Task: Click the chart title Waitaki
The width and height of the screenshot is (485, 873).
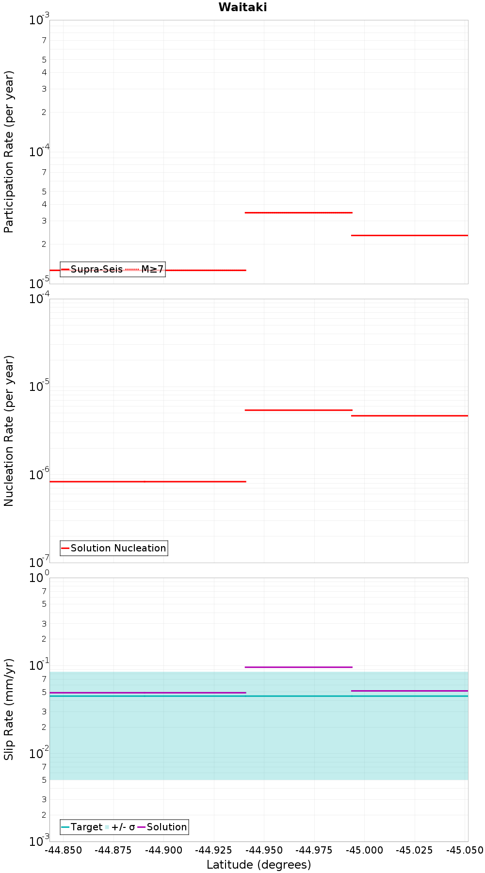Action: pos(242,7)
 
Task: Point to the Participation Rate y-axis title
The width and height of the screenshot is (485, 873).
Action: pos(9,152)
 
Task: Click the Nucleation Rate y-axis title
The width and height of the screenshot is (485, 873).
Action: pos(9,431)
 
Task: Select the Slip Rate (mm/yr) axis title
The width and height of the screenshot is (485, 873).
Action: pos(9,709)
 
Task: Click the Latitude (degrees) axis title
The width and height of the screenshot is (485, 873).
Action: pos(259,865)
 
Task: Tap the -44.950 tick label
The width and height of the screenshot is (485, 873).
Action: pos(264,850)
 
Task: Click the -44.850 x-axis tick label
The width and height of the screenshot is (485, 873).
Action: pos(64,850)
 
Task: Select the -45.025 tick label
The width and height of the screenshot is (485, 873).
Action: pos(415,850)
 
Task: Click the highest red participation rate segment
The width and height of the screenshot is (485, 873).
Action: pos(298,212)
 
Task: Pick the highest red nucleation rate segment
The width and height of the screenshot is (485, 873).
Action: pos(298,410)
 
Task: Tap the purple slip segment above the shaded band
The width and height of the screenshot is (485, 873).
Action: pos(298,667)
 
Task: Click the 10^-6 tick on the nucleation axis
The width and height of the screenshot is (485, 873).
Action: pos(39,474)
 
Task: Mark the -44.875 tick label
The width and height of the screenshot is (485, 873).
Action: pos(114,850)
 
